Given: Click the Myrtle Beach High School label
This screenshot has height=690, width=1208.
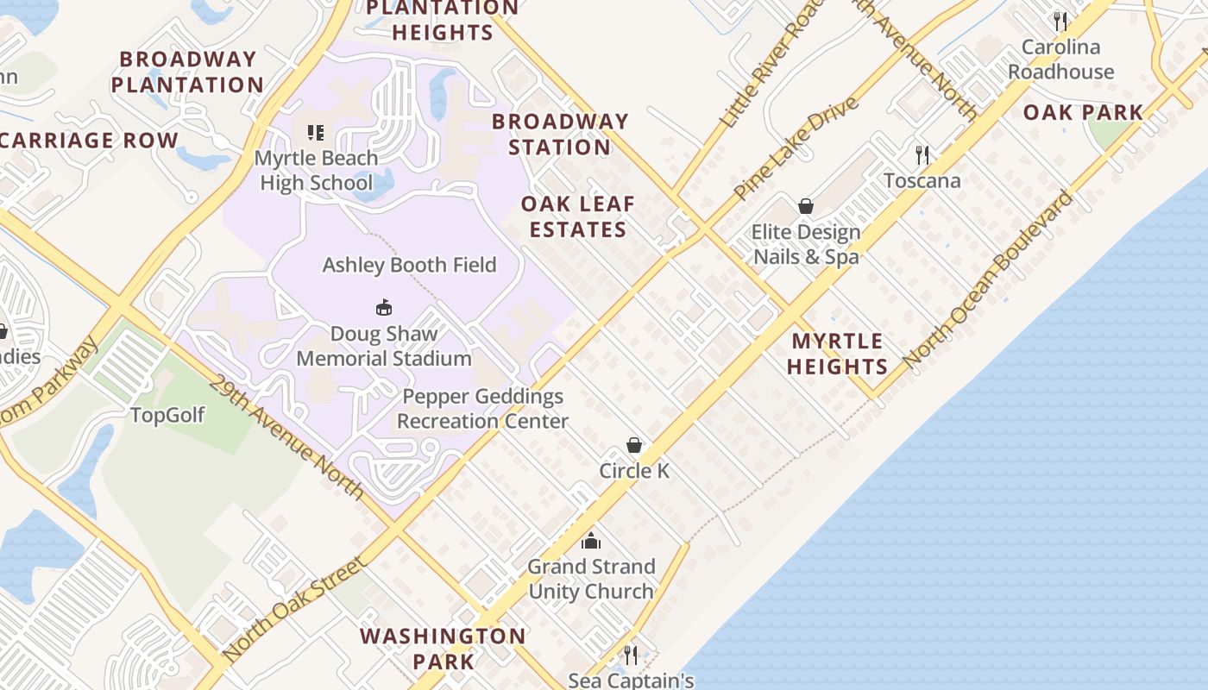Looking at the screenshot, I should click(x=317, y=171).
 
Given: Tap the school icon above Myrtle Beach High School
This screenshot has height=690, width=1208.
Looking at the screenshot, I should click(x=316, y=133).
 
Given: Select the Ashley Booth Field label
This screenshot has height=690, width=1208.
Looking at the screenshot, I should click(x=409, y=265).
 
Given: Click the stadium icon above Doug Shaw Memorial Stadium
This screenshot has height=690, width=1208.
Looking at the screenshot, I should click(x=384, y=307).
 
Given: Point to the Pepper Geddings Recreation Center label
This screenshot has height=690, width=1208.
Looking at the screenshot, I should click(x=482, y=409).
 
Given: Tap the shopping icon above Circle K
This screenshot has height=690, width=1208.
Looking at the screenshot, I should click(x=634, y=445).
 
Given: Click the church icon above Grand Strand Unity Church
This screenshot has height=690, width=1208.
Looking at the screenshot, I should click(x=591, y=541).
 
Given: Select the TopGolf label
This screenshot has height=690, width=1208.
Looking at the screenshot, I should click(x=167, y=415).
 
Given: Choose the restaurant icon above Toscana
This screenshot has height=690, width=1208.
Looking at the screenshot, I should click(x=922, y=155).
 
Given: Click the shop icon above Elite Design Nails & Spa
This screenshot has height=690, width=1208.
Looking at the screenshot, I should click(x=806, y=206).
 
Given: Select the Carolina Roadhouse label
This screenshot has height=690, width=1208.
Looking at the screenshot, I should click(x=1061, y=60).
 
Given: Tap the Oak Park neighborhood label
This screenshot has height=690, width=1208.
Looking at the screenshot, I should click(x=1083, y=112).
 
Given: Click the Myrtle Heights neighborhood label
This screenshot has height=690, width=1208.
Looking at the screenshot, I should click(x=837, y=354).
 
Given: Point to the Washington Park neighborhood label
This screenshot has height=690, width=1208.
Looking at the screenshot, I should click(x=443, y=649).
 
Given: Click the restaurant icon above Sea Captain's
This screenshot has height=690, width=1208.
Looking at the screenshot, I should click(x=631, y=655).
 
